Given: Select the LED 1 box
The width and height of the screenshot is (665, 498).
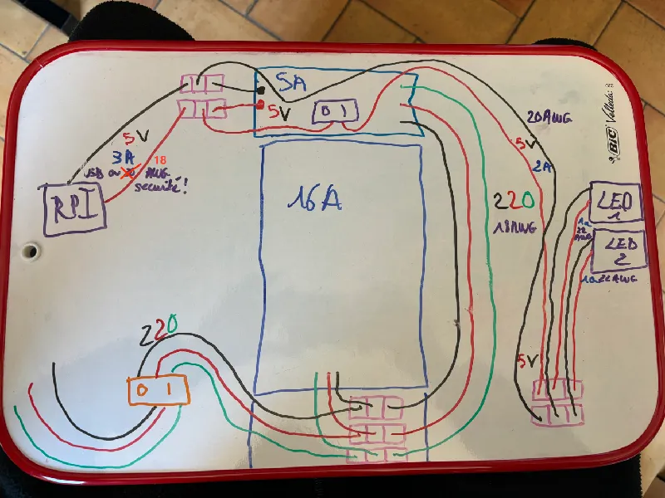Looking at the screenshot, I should point(616,202).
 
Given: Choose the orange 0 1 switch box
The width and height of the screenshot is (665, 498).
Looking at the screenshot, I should point(156,389).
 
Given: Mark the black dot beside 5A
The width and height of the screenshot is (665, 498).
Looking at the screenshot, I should point(261,89).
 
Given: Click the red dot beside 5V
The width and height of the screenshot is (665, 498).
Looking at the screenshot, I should point(261,105).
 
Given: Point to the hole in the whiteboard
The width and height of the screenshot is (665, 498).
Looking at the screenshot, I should point(32,250).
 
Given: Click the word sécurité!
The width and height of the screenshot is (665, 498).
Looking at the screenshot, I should point(165,186).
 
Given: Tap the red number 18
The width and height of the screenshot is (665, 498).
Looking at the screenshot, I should point(160,160).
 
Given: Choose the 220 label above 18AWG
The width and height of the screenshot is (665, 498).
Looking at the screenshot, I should point(507,199).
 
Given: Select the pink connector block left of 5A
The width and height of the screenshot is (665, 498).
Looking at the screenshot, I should point(202,97).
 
